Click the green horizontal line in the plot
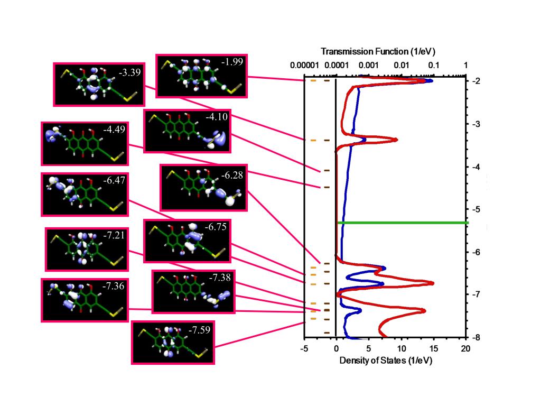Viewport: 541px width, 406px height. (x=402, y=223)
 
